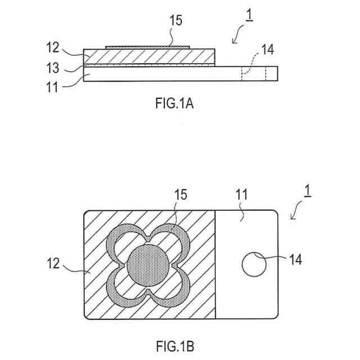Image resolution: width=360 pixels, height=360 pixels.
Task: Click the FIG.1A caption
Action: pos(177,104)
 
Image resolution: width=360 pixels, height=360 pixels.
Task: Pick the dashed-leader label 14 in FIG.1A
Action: pos(268,49)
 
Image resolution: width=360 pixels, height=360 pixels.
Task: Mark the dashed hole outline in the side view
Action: pos(254,74)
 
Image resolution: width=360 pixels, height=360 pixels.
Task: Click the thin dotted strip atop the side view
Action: pos(148,47)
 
